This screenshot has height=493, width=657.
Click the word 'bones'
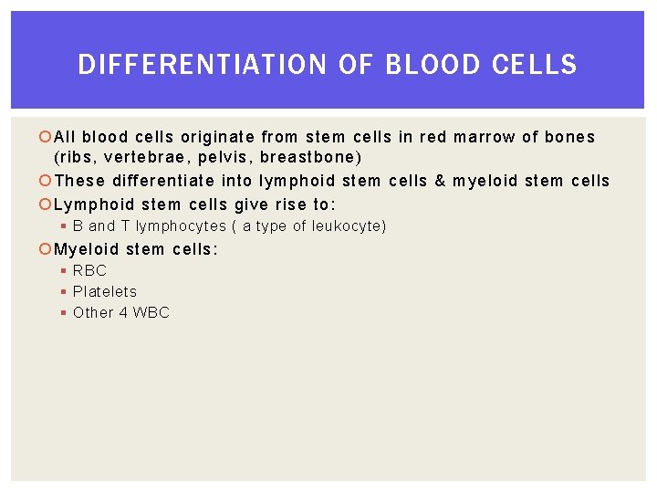pyautogui.click(x=569, y=137)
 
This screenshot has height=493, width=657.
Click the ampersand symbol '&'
pyautogui.click(x=441, y=181)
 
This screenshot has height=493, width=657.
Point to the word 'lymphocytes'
pyautogui.click(x=181, y=226)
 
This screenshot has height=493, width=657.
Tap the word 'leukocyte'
pyautogui.click(x=347, y=226)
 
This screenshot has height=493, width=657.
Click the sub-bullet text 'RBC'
pyautogui.click(x=89, y=270)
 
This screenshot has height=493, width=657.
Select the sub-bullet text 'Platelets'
pyautogui.click(x=105, y=291)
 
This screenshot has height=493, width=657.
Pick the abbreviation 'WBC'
pyautogui.click(x=151, y=312)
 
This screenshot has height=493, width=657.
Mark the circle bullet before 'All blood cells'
pyautogui.click(x=47, y=138)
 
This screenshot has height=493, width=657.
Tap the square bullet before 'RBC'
pyautogui.click(x=64, y=270)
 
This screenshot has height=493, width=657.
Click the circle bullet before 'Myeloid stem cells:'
pyautogui.click(x=47, y=249)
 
